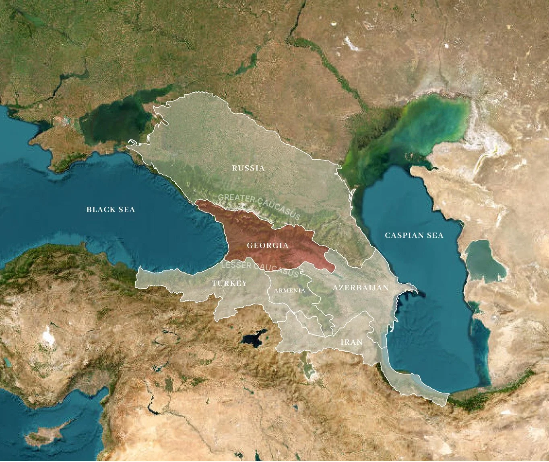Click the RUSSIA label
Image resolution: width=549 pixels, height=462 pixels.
click(x=248, y=168)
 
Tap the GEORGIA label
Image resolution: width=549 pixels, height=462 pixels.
click(x=267, y=245)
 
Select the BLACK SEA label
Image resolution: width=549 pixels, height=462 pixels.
click(x=111, y=209)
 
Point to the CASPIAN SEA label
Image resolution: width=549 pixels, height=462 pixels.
click(x=414, y=235)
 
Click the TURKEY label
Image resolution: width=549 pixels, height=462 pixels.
click(x=229, y=283)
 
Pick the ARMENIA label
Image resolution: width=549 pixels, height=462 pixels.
click(x=289, y=290)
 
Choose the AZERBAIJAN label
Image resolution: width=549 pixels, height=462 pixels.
click(x=360, y=287)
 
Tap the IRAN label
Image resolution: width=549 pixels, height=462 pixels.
click(x=351, y=342)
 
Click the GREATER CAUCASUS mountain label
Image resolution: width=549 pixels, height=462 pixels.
click(x=260, y=206)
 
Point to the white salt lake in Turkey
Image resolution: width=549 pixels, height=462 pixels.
click(x=49, y=335)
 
